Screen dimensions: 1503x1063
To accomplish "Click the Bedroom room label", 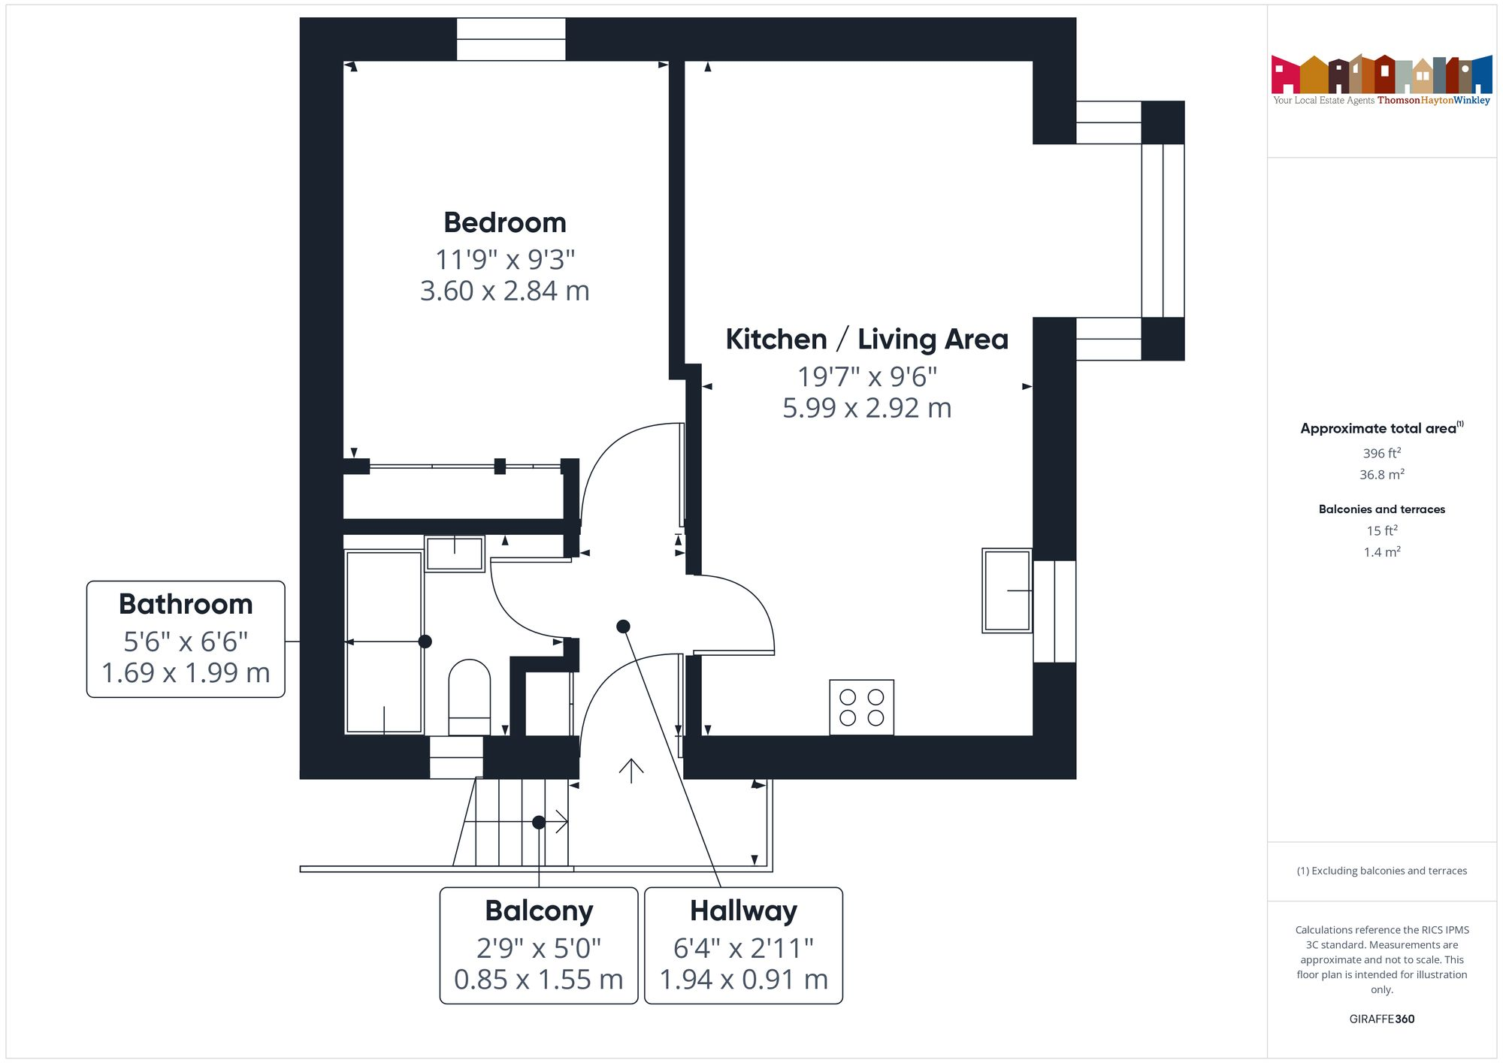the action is (x=504, y=223).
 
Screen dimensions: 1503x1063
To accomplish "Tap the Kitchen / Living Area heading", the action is (x=866, y=340).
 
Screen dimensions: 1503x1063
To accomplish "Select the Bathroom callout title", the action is (x=186, y=605).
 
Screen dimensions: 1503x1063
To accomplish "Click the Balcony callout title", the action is (x=539, y=911).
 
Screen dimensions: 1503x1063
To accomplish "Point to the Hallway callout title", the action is (x=743, y=911).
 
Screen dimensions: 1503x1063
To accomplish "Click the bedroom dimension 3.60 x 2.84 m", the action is (x=504, y=291).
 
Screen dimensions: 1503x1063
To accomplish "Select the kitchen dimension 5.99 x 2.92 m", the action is (x=866, y=409).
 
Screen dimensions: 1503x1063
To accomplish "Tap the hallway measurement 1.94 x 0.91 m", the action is (x=743, y=980).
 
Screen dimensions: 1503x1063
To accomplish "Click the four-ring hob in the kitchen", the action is (x=861, y=707).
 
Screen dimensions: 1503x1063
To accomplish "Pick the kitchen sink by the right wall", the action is (x=1006, y=590).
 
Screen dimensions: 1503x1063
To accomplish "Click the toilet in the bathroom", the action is (x=469, y=697).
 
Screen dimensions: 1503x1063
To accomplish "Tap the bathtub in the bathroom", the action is (x=383, y=642).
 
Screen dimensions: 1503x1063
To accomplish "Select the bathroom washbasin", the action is (x=454, y=554).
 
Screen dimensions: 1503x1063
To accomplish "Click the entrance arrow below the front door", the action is (x=631, y=771).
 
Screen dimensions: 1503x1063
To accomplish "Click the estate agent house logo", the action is (x=1381, y=75).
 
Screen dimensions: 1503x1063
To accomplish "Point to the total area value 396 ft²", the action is (x=1381, y=453).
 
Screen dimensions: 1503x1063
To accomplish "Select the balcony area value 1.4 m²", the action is (x=1381, y=552).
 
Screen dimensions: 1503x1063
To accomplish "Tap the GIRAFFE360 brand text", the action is (x=1381, y=1019).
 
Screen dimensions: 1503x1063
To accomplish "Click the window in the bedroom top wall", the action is (x=511, y=39).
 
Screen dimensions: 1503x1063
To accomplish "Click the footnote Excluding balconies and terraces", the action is (x=1381, y=871).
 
